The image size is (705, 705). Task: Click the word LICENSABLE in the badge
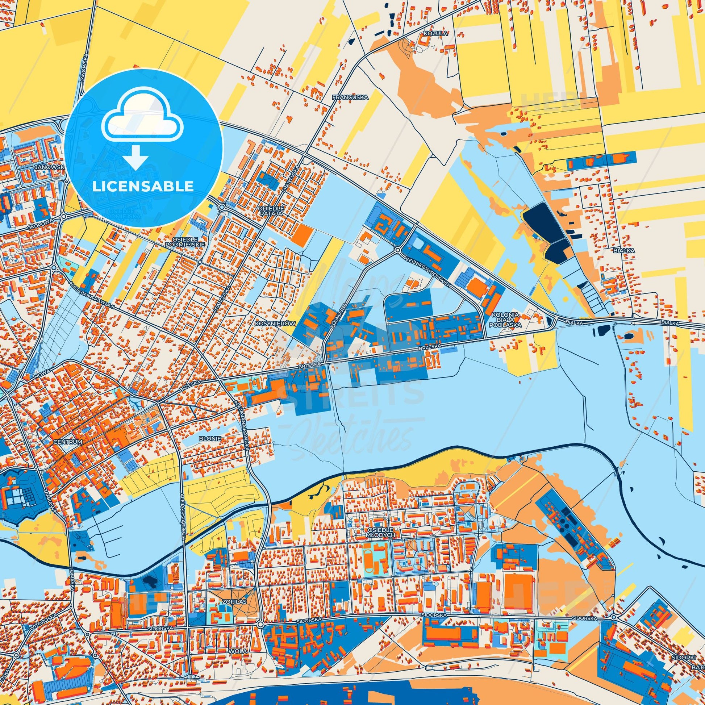click(x=143, y=186)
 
